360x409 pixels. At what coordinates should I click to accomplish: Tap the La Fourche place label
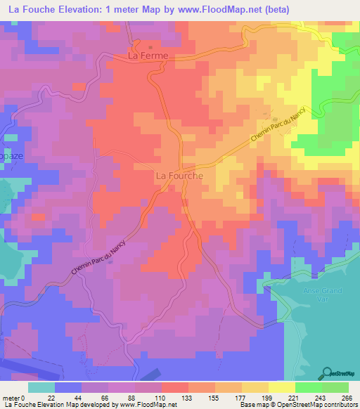click(179, 176)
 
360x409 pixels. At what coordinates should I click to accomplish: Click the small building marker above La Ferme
click(150, 46)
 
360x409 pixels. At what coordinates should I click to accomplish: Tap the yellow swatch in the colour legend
click(282, 387)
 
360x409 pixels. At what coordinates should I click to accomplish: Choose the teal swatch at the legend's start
click(41, 387)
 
